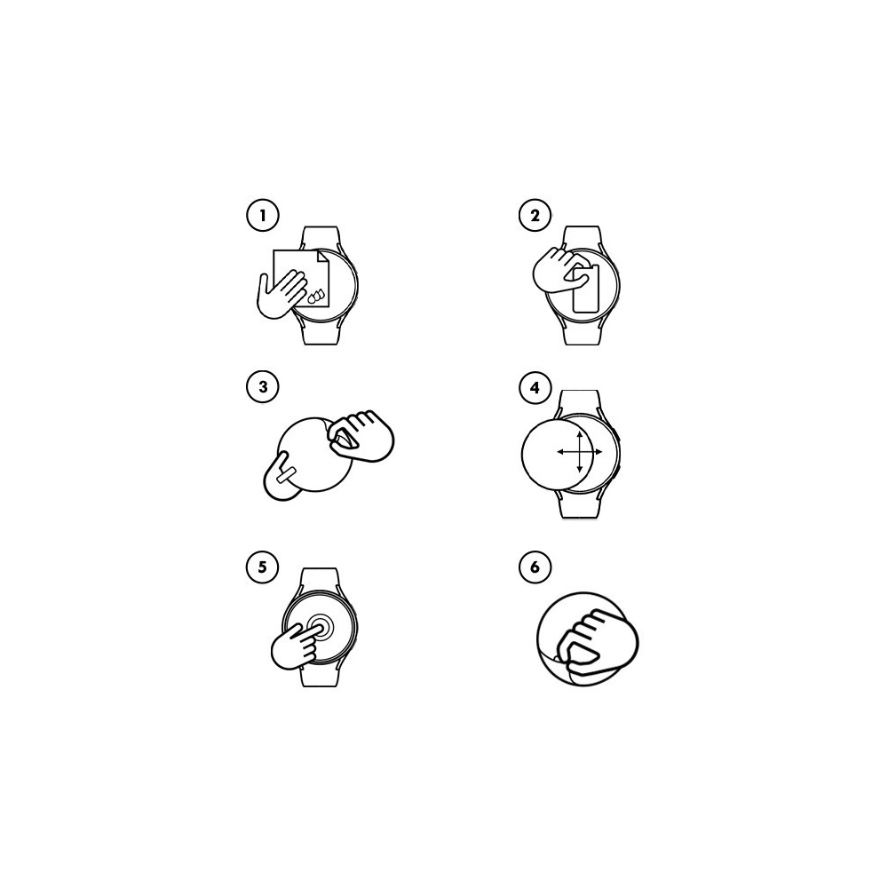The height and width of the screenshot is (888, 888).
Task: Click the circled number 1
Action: (x=262, y=215)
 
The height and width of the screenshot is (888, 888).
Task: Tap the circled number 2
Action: (x=535, y=215)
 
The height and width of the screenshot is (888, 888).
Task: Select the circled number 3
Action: (x=262, y=387)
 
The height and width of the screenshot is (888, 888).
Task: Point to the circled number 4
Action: (x=535, y=388)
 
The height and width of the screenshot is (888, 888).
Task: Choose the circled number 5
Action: (x=262, y=567)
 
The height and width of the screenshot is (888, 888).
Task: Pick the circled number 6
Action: (x=535, y=567)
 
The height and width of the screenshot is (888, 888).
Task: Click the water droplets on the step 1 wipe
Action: (x=315, y=296)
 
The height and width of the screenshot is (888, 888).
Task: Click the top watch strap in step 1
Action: (x=320, y=237)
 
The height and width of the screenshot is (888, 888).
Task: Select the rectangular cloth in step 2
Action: (x=585, y=289)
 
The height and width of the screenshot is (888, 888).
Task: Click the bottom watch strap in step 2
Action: (x=582, y=333)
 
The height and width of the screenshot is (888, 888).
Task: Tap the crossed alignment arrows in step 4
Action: (x=579, y=452)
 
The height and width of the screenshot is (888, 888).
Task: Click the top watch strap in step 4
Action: (x=579, y=401)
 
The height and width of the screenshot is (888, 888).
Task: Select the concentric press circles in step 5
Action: (x=320, y=628)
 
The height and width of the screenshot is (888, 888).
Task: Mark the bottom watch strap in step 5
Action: (x=320, y=675)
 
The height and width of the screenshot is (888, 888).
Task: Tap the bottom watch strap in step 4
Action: (x=579, y=506)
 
